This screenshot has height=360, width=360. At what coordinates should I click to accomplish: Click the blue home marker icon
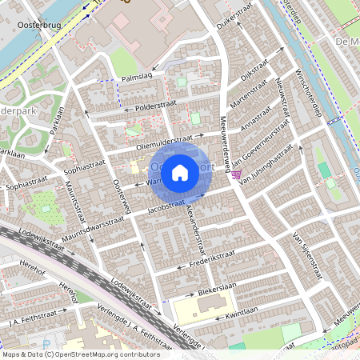180,172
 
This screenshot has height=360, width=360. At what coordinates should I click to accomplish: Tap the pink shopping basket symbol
237,174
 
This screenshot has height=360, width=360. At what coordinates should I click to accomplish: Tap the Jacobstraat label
167,208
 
